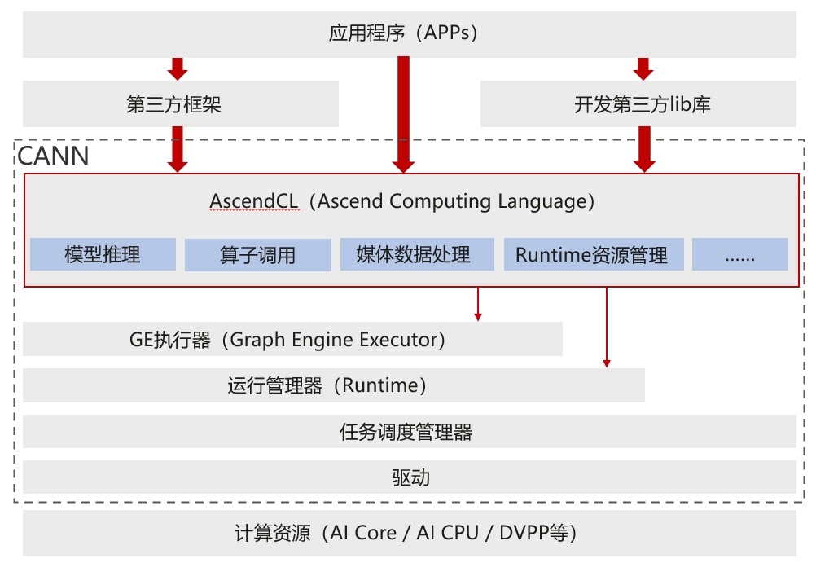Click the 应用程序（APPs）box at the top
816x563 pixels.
[x=409, y=34]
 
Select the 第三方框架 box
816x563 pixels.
[x=180, y=104]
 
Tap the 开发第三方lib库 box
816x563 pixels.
[x=638, y=104]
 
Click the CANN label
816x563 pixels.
[x=54, y=156]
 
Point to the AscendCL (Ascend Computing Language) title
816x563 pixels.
[x=402, y=201]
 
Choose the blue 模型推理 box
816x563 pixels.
[x=103, y=255]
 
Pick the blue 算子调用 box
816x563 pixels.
[x=257, y=255]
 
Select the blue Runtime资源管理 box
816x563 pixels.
[x=591, y=255]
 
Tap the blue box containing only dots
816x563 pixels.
[x=739, y=255]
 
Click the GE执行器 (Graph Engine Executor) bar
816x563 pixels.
[x=292, y=339]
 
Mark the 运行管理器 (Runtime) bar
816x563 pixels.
[x=333, y=385]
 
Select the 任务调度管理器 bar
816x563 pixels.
[x=409, y=432]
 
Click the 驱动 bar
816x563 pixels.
[x=409, y=477]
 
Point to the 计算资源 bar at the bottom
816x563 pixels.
[x=409, y=534]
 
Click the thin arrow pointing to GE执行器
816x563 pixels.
[x=478, y=304]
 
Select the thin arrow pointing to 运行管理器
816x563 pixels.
[x=606, y=326]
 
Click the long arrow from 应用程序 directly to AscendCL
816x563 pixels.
[x=403, y=114]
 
